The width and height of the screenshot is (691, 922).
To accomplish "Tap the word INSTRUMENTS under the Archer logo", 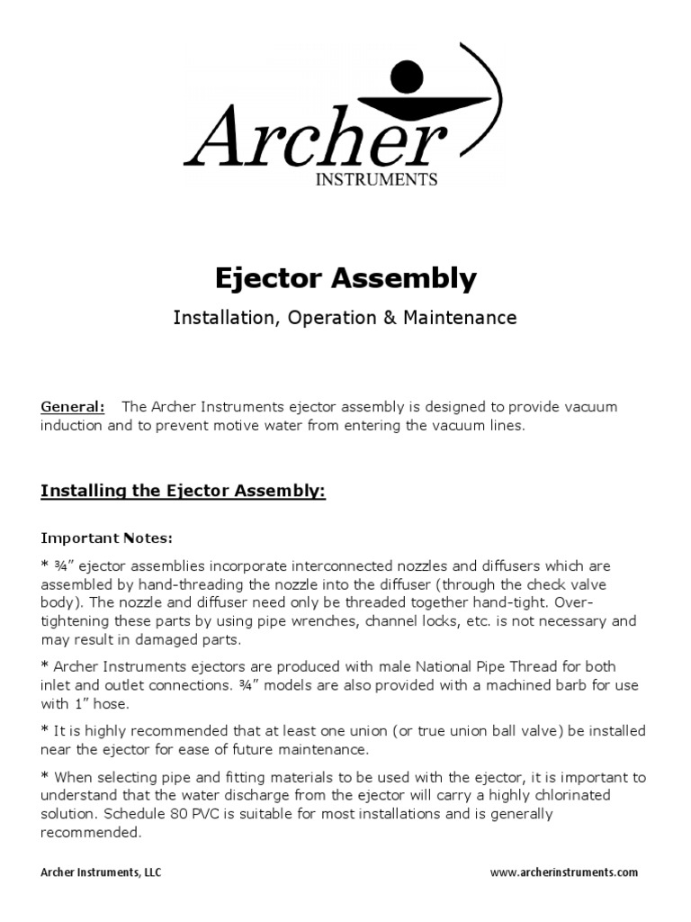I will pyautogui.click(x=375, y=179).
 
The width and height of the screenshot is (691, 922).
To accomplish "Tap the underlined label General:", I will pyautogui.click(x=72, y=407).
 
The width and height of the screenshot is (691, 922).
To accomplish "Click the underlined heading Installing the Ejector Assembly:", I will pyautogui.click(x=183, y=491).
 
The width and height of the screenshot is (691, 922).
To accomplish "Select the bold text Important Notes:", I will pyautogui.click(x=106, y=538).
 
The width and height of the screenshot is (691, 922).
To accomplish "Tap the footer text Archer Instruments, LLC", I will pyautogui.click(x=101, y=872).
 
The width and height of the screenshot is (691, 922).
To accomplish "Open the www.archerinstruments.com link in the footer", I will pyautogui.click(x=564, y=872).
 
